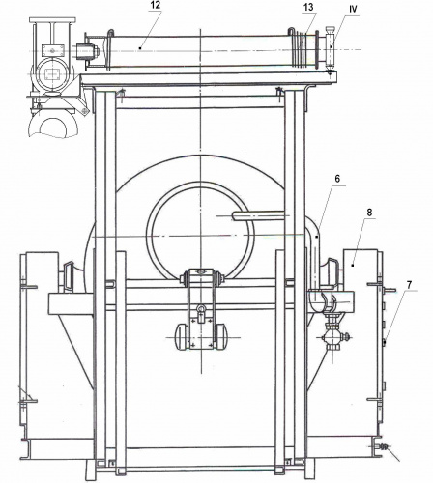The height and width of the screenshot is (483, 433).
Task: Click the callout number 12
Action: pos(155,5)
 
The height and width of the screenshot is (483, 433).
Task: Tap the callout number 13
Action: pos(308,7)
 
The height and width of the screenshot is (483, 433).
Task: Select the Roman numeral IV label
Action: pos(353,10)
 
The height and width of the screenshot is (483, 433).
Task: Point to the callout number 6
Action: pos(337,179)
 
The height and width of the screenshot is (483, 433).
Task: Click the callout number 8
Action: pos(369,213)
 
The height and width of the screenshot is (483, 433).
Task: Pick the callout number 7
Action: pos(409,284)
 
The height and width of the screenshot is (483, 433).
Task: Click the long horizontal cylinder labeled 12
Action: pos(200,51)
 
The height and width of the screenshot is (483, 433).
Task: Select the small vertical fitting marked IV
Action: pos(330,49)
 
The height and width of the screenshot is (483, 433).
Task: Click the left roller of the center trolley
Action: pos(181,336)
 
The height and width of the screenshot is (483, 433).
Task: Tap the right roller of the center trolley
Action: pos(221,336)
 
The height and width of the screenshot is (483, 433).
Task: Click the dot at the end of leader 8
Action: pos(353,266)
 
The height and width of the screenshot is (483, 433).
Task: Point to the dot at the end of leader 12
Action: pos(140,48)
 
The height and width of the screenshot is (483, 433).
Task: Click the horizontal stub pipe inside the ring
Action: pos(258,215)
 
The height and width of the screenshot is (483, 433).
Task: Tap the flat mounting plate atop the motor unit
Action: pos(52,20)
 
